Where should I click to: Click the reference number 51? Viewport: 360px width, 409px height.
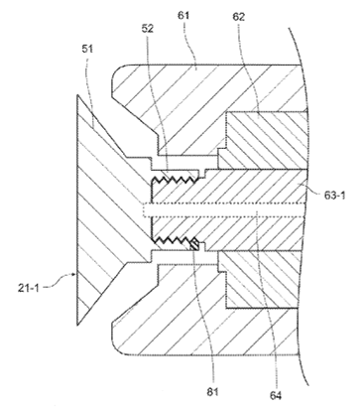pos(87,49)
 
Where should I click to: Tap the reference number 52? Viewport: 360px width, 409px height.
pos(148,29)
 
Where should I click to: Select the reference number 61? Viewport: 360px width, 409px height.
pos(183,16)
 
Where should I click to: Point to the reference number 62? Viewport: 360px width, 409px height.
pos(238,17)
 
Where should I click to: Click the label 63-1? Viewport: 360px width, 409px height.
pos(334,196)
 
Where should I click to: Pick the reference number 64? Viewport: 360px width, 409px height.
pos(276,395)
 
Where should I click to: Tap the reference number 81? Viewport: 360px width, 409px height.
pos(213,392)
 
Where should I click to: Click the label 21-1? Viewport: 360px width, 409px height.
pos(28,288)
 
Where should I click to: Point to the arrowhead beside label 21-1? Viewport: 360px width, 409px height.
pos(74,274)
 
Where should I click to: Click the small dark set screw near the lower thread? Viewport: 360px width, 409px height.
pos(194,243)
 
